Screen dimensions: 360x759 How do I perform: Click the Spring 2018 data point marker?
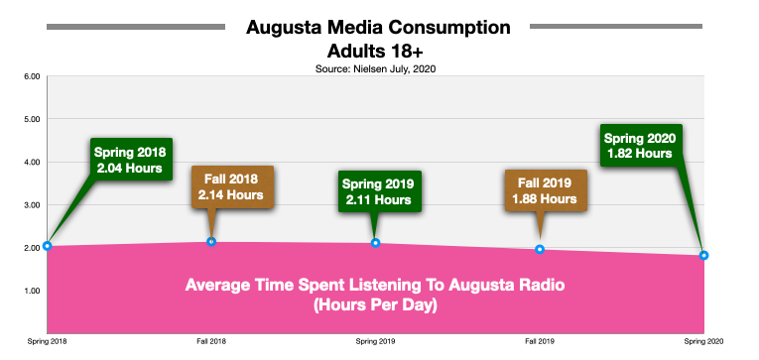(x=47, y=246)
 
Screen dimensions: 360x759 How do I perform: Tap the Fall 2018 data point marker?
(x=211, y=242)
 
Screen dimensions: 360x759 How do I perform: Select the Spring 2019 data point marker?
(x=375, y=243)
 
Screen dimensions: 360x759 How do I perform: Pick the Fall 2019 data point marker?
(x=540, y=250)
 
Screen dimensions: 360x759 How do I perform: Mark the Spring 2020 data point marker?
(x=703, y=255)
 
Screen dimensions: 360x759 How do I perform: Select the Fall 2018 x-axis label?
(x=211, y=340)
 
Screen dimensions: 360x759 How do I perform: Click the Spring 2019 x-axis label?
(x=375, y=340)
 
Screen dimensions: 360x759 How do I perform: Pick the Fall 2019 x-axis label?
(x=540, y=340)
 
